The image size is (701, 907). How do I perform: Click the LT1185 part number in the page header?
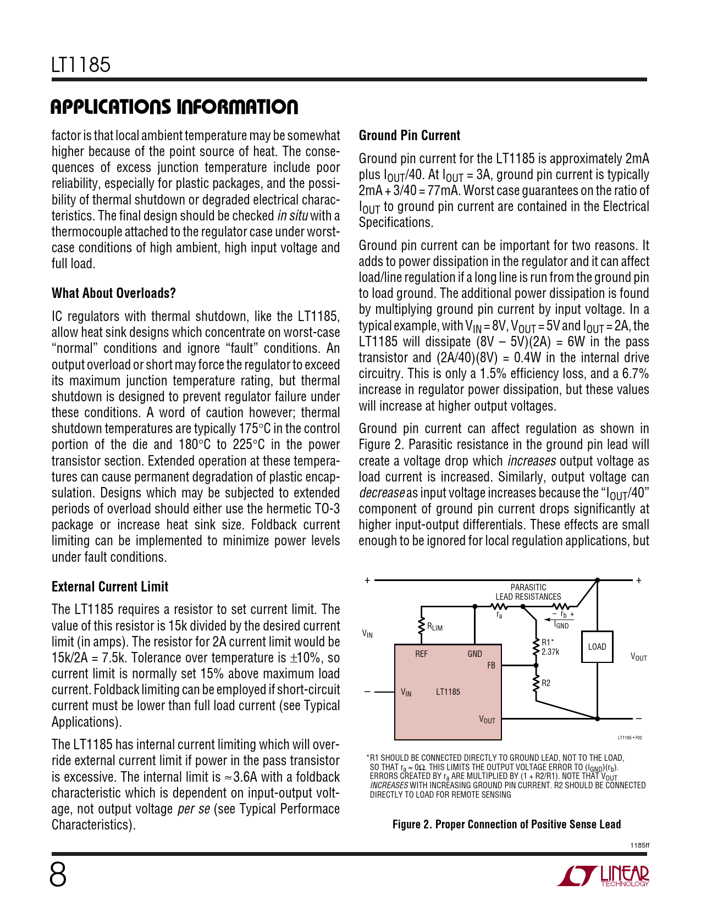point(81,65)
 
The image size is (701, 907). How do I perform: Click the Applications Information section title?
point(174,107)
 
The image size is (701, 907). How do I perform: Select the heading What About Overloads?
point(114,293)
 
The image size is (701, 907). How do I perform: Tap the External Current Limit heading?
point(110,587)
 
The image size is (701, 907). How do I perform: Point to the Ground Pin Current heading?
point(410,136)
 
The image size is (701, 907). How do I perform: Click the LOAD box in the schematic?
point(597,646)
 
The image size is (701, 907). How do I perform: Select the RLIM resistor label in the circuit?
point(435,627)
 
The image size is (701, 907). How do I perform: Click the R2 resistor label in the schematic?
point(546,683)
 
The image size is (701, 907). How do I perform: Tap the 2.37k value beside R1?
point(550,652)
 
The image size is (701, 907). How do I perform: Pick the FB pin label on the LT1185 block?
point(491,666)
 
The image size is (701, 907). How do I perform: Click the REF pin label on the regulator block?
point(421,654)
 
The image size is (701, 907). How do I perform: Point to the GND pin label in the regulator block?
point(474,654)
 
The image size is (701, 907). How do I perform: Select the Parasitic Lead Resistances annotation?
point(528,592)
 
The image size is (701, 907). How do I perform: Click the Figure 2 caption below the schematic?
point(506,825)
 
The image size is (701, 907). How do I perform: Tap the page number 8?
point(58,875)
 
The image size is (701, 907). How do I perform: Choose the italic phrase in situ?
point(292,216)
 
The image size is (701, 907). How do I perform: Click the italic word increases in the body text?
point(531,461)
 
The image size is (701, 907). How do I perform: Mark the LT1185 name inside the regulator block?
point(448,692)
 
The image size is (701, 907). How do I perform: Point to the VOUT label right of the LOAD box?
point(638,657)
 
